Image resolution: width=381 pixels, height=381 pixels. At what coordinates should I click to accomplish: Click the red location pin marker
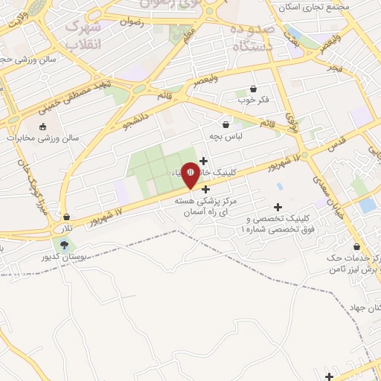pyautogui.click(x=190, y=173)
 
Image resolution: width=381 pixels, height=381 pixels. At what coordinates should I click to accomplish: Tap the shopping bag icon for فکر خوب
pyautogui.click(x=254, y=89)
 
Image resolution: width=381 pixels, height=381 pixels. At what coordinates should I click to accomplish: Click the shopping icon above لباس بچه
pyautogui.click(x=225, y=124)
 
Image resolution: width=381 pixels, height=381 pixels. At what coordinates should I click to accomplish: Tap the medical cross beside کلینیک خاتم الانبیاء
pyautogui.click(x=203, y=161)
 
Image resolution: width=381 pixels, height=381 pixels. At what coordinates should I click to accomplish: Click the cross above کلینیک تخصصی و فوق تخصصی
pyautogui.click(x=278, y=207)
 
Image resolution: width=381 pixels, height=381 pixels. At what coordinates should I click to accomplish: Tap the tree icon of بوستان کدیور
pyautogui.click(x=64, y=244)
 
